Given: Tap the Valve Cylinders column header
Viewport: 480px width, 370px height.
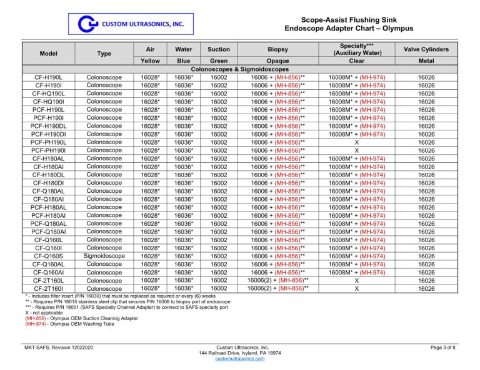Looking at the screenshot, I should tap(426, 49).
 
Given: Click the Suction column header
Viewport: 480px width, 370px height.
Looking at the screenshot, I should tap(219, 49).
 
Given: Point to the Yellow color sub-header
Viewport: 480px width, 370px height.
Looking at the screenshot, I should tap(149, 61).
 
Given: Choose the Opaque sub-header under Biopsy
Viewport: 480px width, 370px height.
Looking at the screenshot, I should tap(277, 61).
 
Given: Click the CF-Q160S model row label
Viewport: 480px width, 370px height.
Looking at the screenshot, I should tap(48, 256).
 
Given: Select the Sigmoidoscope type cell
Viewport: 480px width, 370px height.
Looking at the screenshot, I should tap(104, 256).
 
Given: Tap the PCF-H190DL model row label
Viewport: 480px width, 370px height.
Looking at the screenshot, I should tap(48, 126).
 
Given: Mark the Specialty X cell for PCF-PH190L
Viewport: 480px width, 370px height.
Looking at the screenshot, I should tap(356, 142).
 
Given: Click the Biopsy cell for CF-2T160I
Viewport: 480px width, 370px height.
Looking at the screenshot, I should tap(277, 288).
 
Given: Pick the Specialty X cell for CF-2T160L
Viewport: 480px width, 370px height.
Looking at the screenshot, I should tap(356, 280).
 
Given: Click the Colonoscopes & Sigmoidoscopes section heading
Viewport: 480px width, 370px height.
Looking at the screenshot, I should tap(239, 69).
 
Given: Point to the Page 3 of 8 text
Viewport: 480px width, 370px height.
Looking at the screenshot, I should tap(440, 347).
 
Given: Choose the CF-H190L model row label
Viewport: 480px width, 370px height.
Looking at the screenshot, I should tap(48, 77).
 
